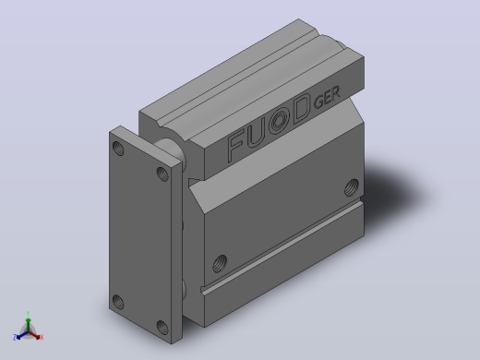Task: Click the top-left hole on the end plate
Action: tap(118, 149)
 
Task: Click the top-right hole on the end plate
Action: tap(162, 174)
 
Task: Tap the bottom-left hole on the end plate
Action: tap(118, 302)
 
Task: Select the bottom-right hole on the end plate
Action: tap(162, 328)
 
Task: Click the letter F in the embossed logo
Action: tap(238, 145)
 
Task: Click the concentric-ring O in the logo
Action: tap(280, 121)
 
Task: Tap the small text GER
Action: tap(327, 97)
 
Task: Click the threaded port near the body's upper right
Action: tap(352, 187)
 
